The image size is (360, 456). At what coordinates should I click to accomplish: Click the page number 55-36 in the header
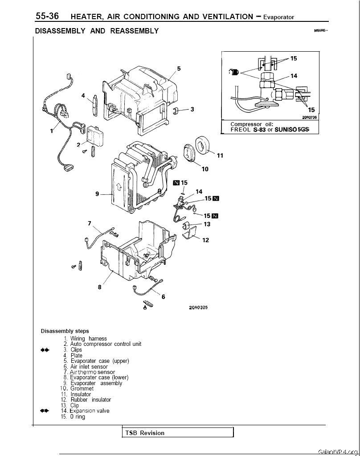(x=47, y=16)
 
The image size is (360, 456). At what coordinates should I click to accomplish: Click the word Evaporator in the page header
(x=278, y=17)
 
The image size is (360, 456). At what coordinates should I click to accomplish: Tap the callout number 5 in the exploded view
(x=179, y=69)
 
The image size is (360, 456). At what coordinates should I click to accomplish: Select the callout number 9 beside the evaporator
(x=97, y=194)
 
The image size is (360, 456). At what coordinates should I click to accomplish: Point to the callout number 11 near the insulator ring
(x=220, y=156)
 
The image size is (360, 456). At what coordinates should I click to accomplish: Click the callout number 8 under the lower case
(x=99, y=288)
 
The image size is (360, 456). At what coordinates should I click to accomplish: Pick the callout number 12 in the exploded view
(x=205, y=240)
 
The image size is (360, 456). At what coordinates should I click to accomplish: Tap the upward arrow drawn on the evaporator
(x=119, y=186)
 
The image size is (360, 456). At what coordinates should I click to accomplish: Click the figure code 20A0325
(x=196, y=308)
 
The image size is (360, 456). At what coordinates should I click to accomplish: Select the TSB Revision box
(x=178, y=433)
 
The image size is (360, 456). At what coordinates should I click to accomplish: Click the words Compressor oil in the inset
(x=252, y=124)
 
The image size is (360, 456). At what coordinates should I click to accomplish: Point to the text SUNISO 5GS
(x=292, y=130)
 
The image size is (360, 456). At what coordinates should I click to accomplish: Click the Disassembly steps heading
(x=65, y=331)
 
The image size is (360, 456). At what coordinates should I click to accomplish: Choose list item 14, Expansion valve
(x=85, y=411)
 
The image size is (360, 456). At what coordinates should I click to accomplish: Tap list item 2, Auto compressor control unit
(x=102, y=344)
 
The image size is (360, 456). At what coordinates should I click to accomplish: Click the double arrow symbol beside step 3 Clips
(x=45, y=350)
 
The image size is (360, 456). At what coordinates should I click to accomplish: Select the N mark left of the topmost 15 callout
(x=176, y=183)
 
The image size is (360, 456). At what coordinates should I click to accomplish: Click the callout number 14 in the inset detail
(x=294, y=76)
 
